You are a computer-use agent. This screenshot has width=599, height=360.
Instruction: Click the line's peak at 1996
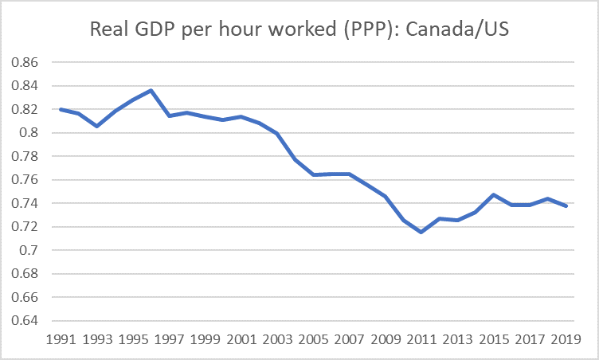click(151, 90)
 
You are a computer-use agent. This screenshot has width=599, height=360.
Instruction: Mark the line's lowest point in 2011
click(421, 232)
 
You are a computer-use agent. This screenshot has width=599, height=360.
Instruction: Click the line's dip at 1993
click(96, 126)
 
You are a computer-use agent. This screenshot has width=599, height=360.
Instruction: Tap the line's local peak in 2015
click(493, 194)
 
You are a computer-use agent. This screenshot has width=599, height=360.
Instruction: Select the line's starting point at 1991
click(60, 109)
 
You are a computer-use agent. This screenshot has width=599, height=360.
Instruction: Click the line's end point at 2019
click(566, 205)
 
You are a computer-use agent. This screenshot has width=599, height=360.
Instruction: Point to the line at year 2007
click(349, 174)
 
